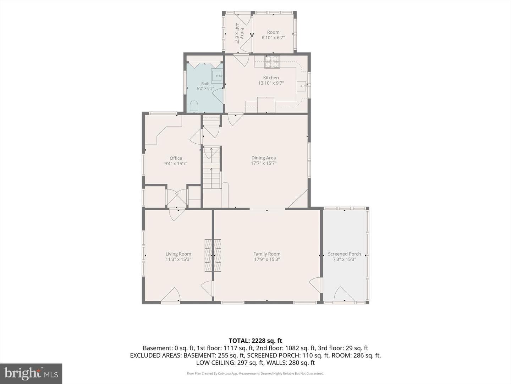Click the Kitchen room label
tap(271, 78)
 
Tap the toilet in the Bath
tap(194, 107)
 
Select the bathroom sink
tap(217, 76)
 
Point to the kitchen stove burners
tap(272, 62)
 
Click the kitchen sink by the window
tap(302, 86)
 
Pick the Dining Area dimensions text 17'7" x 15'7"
tap(264, 163)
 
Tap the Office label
tap(176, 158)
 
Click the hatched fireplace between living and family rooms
tap(213, 255)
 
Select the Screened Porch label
tap(344, 254)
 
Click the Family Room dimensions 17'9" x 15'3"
tap(267, 259)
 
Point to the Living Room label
tap(178, 254)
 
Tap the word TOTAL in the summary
tap(238, 341)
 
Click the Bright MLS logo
tap(31, 373)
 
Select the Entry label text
tap(242, 33)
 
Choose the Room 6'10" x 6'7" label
tap(273, 35)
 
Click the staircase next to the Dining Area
tap(211, 167)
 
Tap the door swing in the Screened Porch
tap(344, 294)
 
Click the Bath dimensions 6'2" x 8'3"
tap(205, 89)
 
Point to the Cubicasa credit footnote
tap(255, 373)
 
